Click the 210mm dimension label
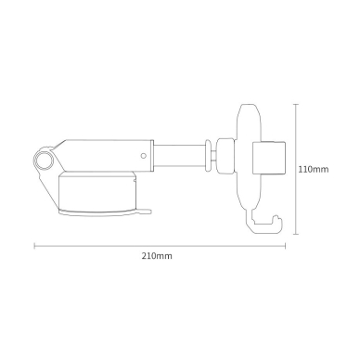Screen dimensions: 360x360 pos(158,255)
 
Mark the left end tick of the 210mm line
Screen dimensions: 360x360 pos(35,246)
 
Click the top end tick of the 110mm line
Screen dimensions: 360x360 pos(296,104)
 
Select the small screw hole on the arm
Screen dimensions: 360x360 pos(142,155)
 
